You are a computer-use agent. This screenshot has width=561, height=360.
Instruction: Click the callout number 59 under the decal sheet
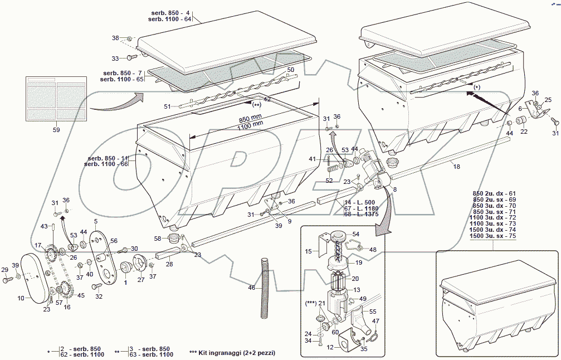(56, 130)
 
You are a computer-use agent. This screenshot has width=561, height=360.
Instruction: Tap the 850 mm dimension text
(251, 119)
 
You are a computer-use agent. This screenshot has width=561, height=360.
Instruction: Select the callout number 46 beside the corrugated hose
(252, 288)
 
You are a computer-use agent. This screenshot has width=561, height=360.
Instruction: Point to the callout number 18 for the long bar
(456, 166)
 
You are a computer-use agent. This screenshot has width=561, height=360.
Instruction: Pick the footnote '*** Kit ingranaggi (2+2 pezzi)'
(232, 353)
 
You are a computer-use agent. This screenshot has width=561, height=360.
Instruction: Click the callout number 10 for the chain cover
(21, 298)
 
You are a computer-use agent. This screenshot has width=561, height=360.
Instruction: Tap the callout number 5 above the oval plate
(95, 222)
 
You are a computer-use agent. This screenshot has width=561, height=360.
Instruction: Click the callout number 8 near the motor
(395, 190)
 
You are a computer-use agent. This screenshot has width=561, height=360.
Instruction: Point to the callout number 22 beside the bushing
(524, 132)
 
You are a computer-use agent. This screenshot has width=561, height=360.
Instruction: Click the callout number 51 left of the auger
(167, 106)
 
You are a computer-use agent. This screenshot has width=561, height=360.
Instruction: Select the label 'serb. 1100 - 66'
(106, 164)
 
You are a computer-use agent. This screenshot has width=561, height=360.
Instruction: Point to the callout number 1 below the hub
(125, 282)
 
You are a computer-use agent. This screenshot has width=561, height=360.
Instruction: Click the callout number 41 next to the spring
(313, 160)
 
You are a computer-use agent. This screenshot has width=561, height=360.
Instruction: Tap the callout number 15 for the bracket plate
(309, 252)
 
